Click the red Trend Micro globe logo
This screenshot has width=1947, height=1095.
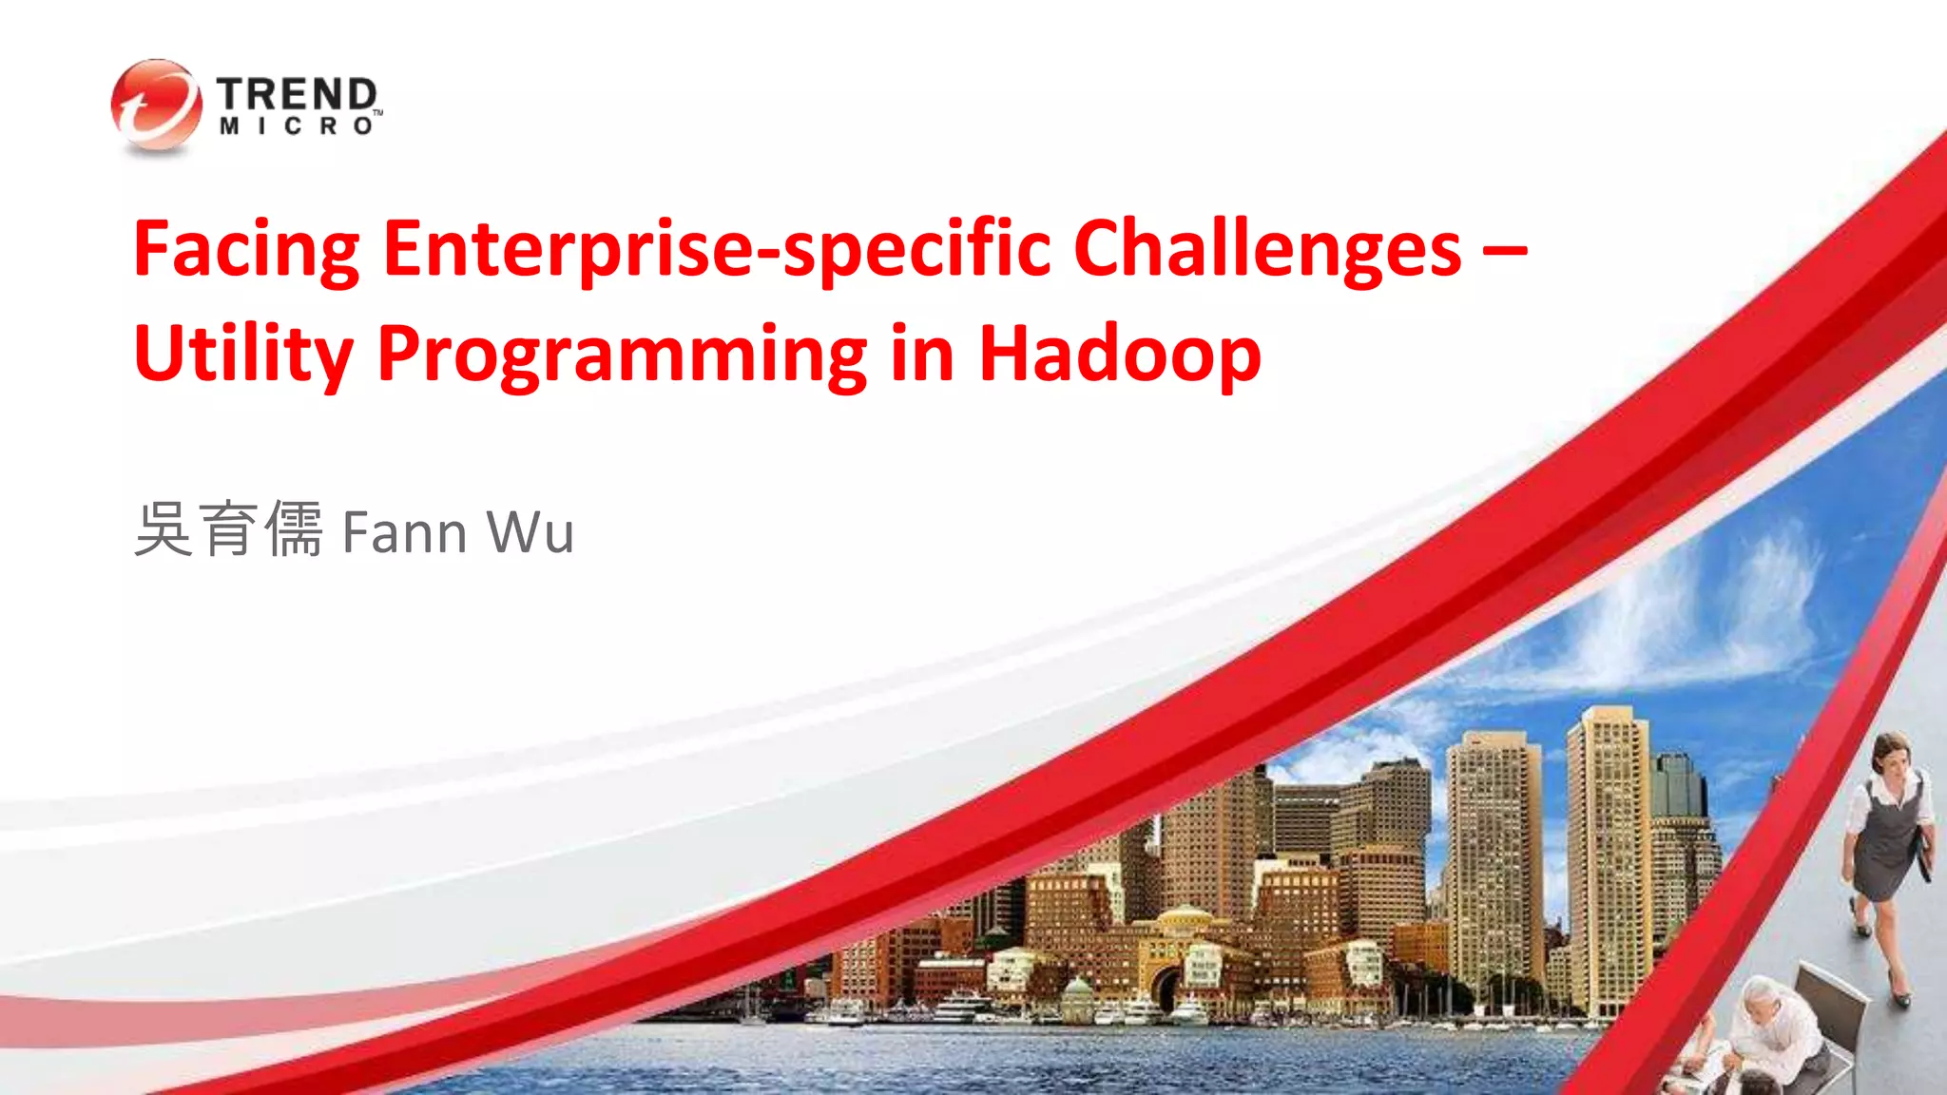click(x=156, y=105)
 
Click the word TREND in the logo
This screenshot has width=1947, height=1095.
click(x=297, y=94)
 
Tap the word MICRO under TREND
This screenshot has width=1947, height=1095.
click(x=297, y=126)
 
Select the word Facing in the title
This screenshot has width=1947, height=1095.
click(x=246, y=249)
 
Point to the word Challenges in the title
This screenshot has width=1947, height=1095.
click(x=1266, y=249)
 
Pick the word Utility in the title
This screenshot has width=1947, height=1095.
click(x=243, y=355)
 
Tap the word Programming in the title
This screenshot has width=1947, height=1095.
click(x=622, y=355)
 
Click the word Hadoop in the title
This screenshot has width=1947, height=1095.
click(x=1119, y=353)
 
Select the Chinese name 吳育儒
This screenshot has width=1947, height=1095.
click(x=228, y=529)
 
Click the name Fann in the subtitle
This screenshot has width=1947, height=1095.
click(x=404, y=532)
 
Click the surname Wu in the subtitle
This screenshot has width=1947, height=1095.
click(x=530, y=532)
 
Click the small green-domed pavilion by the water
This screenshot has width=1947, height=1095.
click(x=1077, y=997)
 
